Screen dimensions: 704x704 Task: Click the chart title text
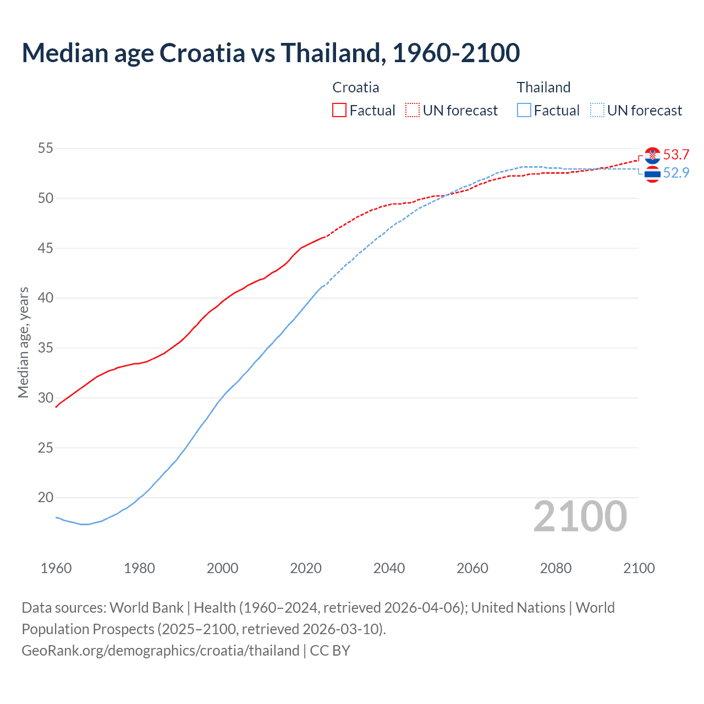[x=271, y=53]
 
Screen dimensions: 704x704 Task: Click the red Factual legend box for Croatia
[x=339, y=111]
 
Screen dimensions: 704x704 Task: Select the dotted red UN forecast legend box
[x=413, y=111]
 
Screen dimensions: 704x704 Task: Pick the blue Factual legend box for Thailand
[x=524, y=111]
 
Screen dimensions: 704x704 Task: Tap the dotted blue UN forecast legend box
[x=597, y=111]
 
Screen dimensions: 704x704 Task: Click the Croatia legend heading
[x=355, y=87]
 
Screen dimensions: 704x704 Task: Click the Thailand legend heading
[x=543, y=87]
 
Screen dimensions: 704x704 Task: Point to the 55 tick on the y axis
[x=46, y=148]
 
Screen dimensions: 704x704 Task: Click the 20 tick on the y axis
[x=46, y=498]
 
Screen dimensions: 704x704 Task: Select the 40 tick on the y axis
[x=46, y=298]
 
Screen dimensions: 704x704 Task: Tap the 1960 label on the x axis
[x=56, y=568]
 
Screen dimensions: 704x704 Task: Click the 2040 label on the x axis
[x=389, y=568]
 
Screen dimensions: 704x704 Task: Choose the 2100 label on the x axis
[x=639, y=568]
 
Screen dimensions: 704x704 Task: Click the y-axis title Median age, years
[x=23, y=342]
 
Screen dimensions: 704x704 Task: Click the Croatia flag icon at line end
[x=652, y=156]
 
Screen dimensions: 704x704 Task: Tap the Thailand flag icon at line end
[x=652, y=174]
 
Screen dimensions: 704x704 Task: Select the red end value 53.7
[x=676, y=155]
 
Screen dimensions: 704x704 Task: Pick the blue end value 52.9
[x=676, y=173]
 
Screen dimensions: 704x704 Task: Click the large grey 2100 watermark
[x=580, y=516]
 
